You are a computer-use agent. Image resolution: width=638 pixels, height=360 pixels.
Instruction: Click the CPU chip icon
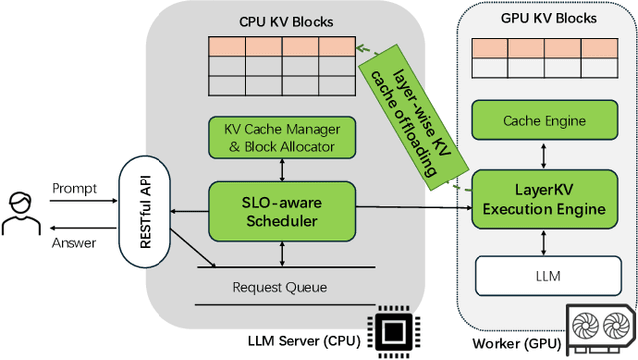[390, 331]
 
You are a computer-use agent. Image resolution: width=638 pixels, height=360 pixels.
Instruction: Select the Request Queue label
[279, 287]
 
